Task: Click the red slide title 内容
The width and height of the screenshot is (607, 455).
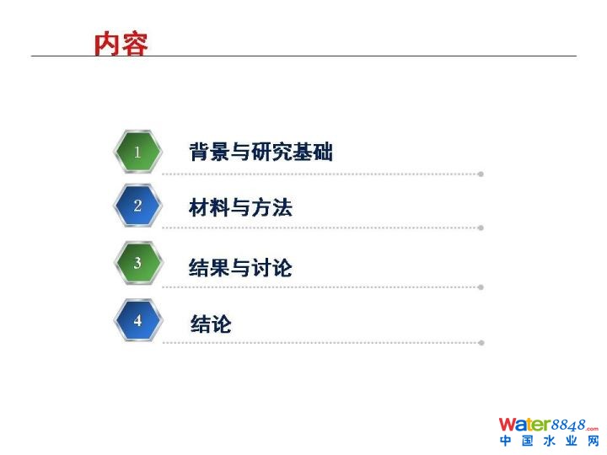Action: (x=121, y=44)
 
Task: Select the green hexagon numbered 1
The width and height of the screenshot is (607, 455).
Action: (x=137, y=152)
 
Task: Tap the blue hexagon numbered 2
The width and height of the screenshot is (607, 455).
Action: (x=137, y=206)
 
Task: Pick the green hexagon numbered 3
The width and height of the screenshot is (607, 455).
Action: (x=138, y=263)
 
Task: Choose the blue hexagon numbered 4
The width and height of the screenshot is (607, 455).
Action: (x=138, y=320)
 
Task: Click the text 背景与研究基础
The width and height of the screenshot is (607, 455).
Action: (x=261, y=152)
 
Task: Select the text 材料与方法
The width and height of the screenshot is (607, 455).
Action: (x=240, y=207)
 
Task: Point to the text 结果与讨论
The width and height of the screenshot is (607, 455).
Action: (x=240, y=267)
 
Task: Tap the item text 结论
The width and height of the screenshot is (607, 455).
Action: (x=211, y=324)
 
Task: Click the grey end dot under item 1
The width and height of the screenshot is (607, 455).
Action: (x=481, y=174)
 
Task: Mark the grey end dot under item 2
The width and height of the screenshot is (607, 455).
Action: (x=481, y=227)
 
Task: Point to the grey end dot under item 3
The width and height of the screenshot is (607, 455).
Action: (x=481, y=287)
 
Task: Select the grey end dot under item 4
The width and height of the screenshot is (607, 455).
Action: (x=481, y=343)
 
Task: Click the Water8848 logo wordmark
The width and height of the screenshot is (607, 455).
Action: (x=549, y=425)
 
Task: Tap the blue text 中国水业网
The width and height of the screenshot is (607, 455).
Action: (x=550, y=441)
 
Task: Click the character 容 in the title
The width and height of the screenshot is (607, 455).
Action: (x=135, y=44)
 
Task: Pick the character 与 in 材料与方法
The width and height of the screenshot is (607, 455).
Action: (x=240, y=208)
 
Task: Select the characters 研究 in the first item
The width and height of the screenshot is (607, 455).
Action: (x=271, y=152)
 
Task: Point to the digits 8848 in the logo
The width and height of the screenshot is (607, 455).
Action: (x=568, y=426)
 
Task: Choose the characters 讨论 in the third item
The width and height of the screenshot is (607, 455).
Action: (x=271, y=267)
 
